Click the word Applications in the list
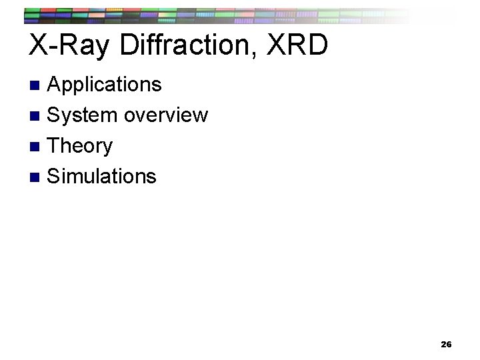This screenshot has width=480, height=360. [x=105, y=85]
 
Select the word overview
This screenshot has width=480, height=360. [x=166, y=115]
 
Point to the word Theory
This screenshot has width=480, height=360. [x=81, y=146]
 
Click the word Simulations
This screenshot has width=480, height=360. [x=102, y=176]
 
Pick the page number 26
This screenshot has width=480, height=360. [x=446, y=345]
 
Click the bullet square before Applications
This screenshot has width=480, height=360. [x=37, y=85]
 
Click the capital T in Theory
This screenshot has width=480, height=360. [x=55, y=145]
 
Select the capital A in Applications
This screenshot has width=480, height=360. [x=56, y=85]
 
